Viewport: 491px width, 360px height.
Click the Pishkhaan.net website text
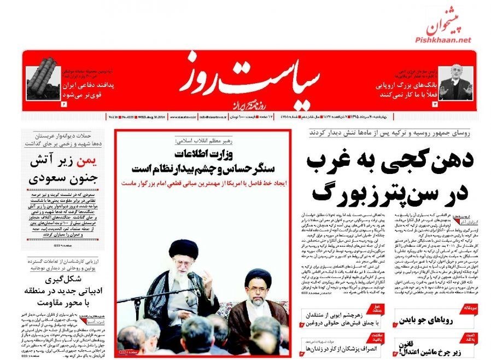[x=444, y=40]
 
